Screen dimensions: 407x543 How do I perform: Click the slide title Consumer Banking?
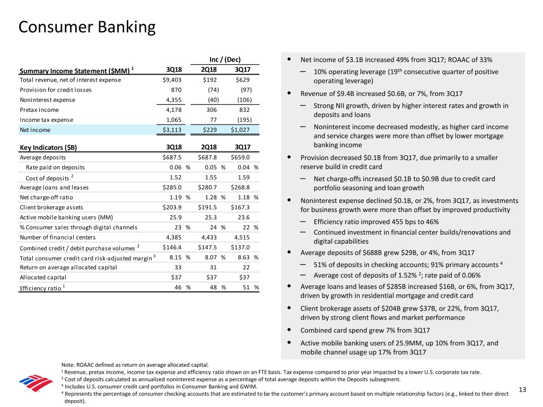click(87, 26)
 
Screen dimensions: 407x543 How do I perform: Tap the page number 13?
click(522, 391)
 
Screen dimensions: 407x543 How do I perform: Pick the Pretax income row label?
click(39, 110)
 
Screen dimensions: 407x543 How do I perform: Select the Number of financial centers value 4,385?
click(173, 237)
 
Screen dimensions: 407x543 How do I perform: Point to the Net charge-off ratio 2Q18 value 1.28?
click(209, 197)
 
